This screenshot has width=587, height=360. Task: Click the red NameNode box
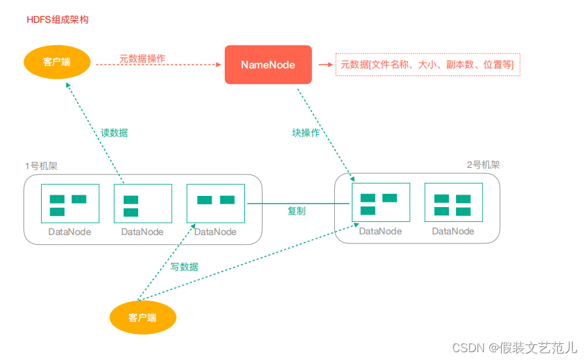click(268, 64)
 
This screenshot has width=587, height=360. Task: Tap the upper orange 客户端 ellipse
click(57, 62)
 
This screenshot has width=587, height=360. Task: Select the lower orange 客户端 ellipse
click(142, 318)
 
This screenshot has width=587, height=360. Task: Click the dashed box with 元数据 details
click(427, 64)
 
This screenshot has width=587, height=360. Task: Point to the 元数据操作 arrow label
click(142, 59)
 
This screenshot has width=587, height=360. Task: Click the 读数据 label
click(114, 133)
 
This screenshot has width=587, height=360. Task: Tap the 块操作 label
click(306, 133)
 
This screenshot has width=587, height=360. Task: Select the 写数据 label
click(184, 267)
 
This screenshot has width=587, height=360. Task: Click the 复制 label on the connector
click(296, 211)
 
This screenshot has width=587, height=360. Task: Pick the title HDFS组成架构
click(57, 20)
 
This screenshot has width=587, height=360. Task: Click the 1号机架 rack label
click(41, 166)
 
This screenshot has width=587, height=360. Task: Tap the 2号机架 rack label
click(483, 165)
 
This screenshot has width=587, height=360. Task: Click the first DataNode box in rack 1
click(70, 204)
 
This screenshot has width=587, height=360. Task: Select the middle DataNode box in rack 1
click(143, 204)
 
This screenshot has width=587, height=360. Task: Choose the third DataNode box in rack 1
click(216, 204)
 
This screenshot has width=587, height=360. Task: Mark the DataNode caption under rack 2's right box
click(453, 231)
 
